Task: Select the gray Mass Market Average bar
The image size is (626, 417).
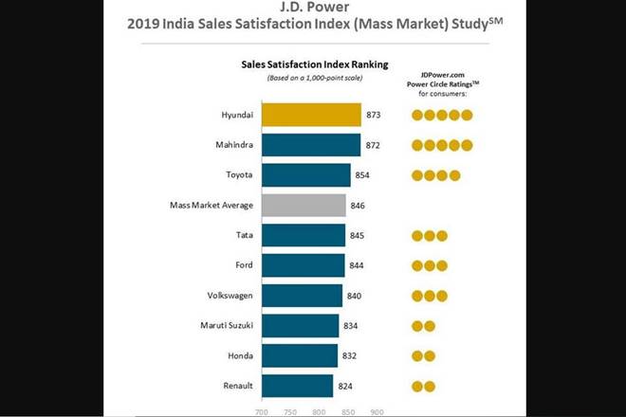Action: (x=304, y=205)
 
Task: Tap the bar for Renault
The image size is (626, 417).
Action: (x=297, y=386)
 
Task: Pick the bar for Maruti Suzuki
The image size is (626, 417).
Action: (x=300, y=326)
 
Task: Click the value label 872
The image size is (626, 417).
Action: (x=375, y=145)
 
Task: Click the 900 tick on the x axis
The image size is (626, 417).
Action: (x=377, y=412)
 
